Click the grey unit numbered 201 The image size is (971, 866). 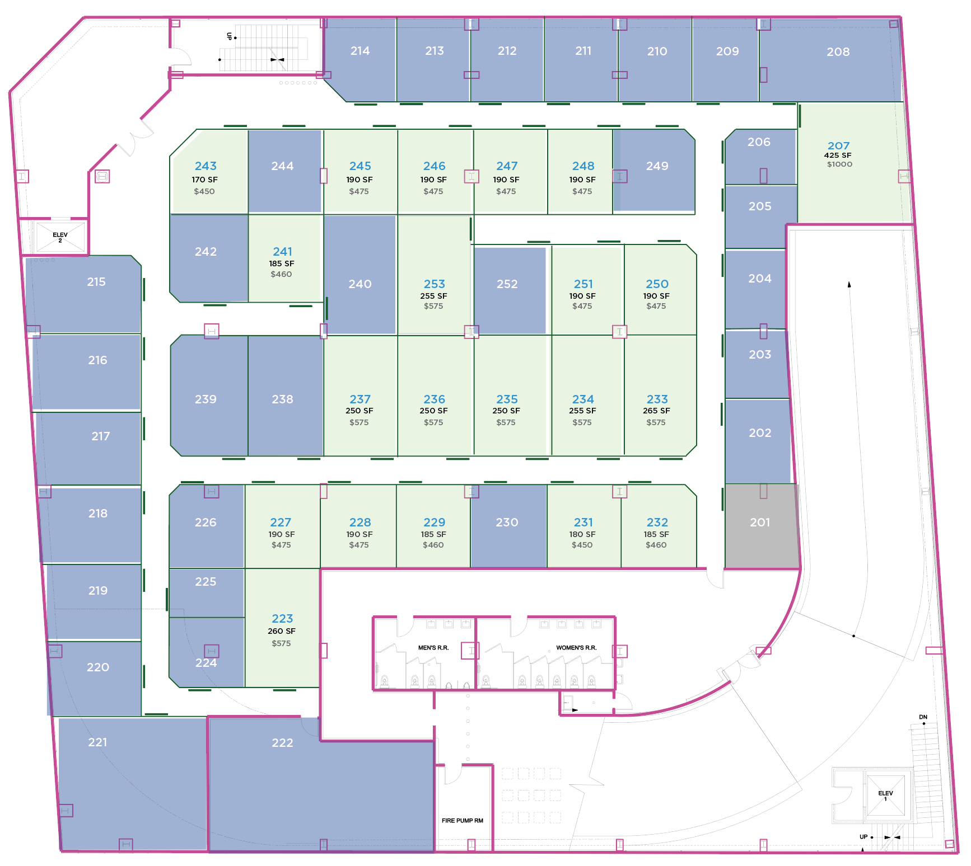click(x=760, y=523)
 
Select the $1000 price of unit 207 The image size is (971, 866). click(x=839, y=164)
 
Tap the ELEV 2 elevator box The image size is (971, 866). click(x=60, y=237)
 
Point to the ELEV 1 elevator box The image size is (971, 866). click(x=885, y=796)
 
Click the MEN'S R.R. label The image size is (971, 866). click(x=433, y=648)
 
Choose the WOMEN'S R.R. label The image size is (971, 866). click(x=576, y=648)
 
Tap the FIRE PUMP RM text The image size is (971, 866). click(x=462, y=821)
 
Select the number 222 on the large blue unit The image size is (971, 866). click(x=282, y=743)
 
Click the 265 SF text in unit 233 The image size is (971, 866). click(x=656, y=411)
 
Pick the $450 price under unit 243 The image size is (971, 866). click(x=204, y=191)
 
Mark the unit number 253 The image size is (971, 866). click(x=434, y=284)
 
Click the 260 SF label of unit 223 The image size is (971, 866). click(x=282, y=631)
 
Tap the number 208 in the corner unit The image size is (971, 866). click(x=838, y=52)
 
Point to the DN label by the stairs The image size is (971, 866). click(x=923, y=717)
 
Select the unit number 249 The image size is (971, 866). click(x=657, y=166)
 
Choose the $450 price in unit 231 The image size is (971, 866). click(x=582, y=545)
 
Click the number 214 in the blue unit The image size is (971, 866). click(x=360, y=51)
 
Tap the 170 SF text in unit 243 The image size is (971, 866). click(x=204, y=180)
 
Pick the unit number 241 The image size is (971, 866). click(x=282, y=252)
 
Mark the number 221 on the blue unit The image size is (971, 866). click(x=97, y=742)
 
